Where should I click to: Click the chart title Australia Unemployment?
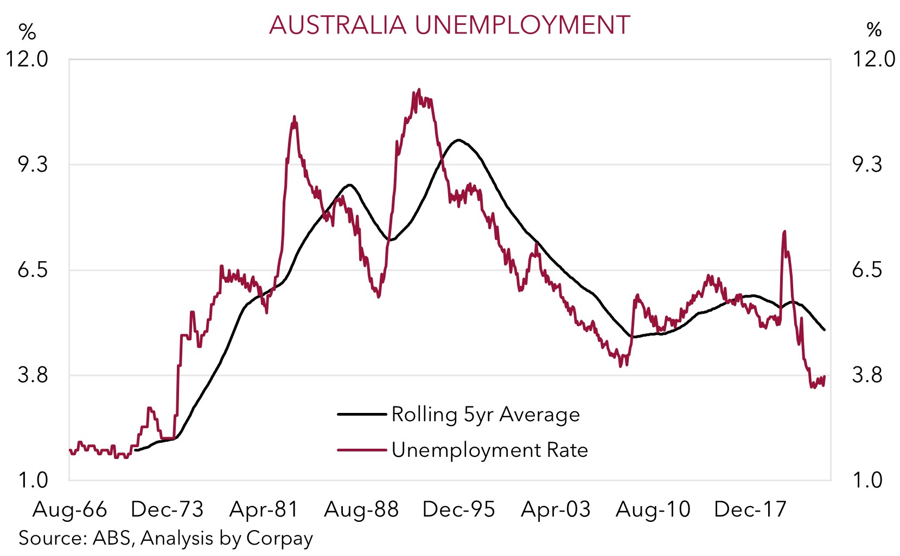click(449, 25)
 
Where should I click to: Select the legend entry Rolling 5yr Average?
click(486, 415)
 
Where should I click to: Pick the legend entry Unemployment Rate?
click(489, 450)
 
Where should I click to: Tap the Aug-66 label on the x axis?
click(70, 509)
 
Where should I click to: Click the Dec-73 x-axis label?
click(167, 509)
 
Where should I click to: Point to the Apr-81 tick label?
click(264, 509)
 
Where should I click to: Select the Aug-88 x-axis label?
click(361, 509)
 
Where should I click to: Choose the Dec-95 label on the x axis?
click(458, 509)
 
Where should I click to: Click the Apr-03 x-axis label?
click(556, 509)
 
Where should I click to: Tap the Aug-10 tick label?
click(653, 509)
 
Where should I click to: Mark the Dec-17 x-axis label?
click(750, 509)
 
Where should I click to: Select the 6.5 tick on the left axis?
click(33, 269)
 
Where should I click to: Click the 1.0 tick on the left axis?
click(33, 480)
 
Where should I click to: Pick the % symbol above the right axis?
click(874, 30)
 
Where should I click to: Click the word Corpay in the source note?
click(279, 539)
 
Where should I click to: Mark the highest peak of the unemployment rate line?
click(418, 90)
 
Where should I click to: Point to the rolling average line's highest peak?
click(459, 140)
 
